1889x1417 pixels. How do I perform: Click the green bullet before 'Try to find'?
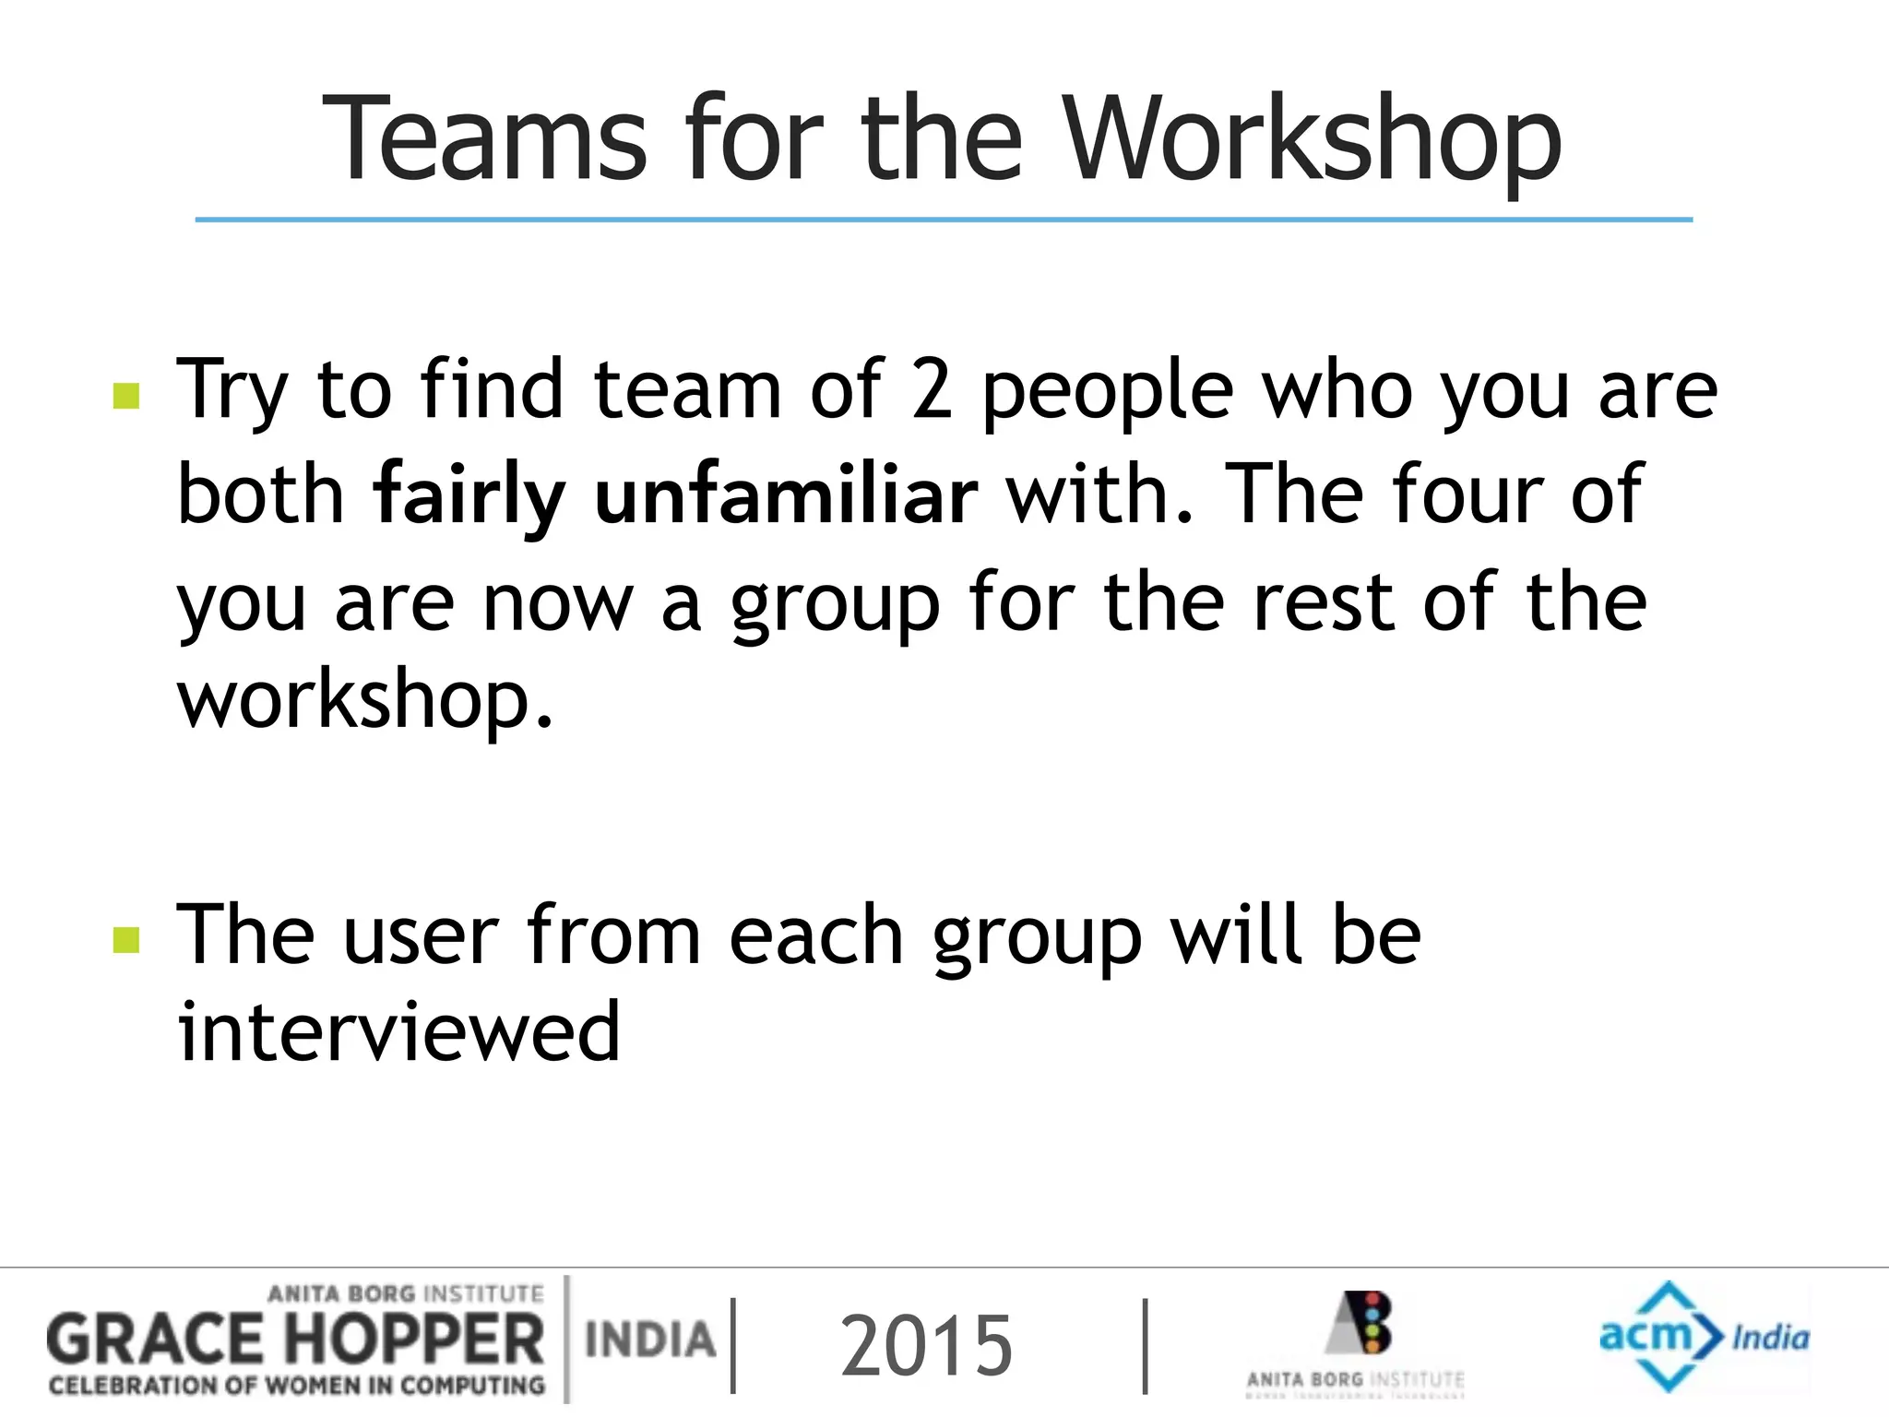point(125,396)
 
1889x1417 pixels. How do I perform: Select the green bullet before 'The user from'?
point(125,940)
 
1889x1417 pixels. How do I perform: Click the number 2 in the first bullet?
point(931,390)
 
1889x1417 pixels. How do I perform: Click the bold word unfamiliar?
point(786,495)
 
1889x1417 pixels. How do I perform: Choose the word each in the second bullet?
point(815,935)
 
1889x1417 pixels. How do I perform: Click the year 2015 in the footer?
point(926,1346)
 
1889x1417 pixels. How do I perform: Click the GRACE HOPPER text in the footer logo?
point(295,1340)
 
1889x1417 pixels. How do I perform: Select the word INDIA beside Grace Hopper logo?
point(650,1340)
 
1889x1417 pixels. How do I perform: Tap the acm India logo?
point(1703,1335)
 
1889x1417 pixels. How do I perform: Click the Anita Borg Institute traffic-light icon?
point(1362,1323)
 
